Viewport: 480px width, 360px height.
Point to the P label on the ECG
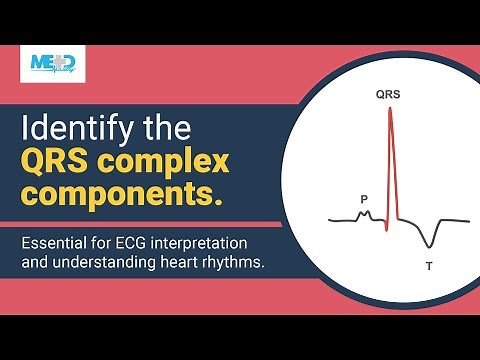[x=364, y=199]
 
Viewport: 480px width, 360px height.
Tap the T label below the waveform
[x=428, y=266]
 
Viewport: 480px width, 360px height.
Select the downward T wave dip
[x=429, y=243]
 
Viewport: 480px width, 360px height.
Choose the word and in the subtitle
[x=40, y=263]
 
